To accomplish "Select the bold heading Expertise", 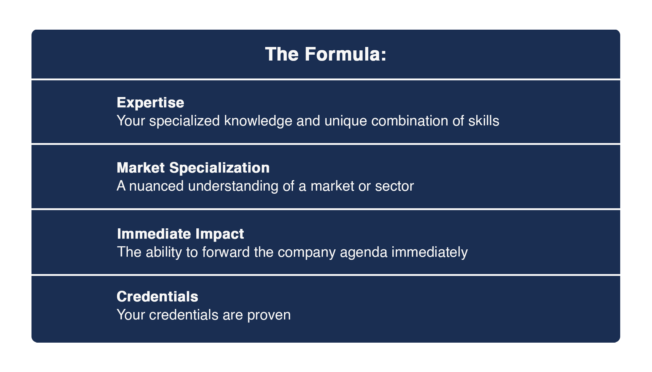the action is pos(150,103).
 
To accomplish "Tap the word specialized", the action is pos(185,121).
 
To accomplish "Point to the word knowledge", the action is pos(258,121).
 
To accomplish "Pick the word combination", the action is pos(410,120).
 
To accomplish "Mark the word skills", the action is pos(484,120).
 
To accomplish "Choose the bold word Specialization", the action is pos(219,168).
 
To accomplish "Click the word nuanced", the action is pos(157,186).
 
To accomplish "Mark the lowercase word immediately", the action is pos(430,252).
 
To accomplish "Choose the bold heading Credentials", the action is pos(157,297).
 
